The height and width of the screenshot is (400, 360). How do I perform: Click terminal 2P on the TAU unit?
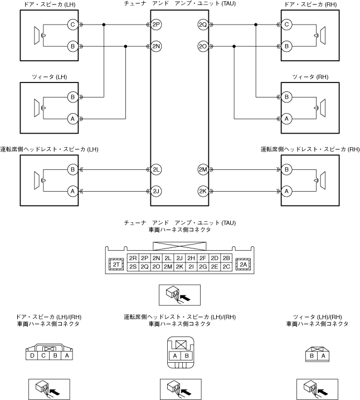point(156,25)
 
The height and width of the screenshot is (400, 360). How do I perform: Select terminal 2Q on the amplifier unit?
point(203,25)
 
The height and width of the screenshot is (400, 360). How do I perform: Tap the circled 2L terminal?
point(156,170)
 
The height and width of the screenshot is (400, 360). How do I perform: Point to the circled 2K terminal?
point(203,191)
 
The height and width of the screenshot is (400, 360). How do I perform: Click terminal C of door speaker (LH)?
point(72,25)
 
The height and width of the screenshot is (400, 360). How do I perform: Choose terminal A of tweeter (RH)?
point(286,119)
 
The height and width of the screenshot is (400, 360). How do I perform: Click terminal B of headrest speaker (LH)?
point(72,170)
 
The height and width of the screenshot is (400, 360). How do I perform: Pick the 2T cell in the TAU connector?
point(116,265)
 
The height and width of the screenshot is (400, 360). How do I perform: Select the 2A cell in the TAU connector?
point(244,265)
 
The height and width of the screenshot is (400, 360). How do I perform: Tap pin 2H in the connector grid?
point(191,258)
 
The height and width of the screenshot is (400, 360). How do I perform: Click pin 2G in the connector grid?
point(203,267)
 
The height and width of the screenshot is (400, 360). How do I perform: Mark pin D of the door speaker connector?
point(32,355)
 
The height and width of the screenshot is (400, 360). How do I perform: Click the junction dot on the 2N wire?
point(125,46)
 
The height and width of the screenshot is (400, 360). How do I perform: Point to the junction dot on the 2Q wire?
point(256,25)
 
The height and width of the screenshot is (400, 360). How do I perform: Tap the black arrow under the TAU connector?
point(186,297)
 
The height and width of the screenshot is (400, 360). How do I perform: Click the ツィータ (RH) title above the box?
point(310,77)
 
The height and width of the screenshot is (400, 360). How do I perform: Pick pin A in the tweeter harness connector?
point(323,356)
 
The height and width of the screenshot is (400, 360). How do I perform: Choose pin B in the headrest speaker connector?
point(187,356)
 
